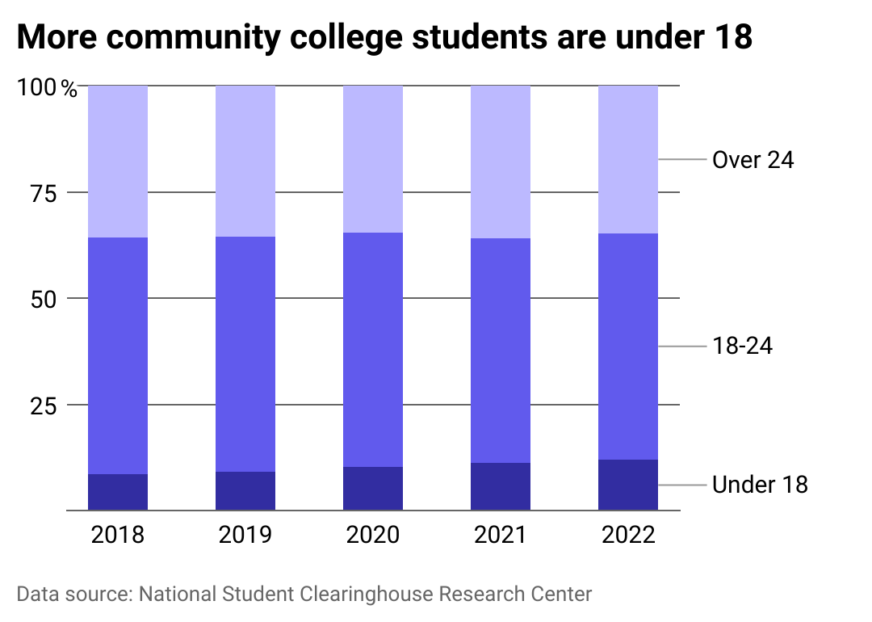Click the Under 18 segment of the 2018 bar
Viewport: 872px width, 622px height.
click(x=118, y=492)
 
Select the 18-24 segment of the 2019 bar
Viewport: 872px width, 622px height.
click(x=245, y=354)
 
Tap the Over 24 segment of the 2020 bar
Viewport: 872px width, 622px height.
click(x=373, y=159)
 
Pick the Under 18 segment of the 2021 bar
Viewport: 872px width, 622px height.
click(x=501, y=486)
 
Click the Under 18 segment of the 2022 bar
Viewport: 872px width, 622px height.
click(x=628, y=485)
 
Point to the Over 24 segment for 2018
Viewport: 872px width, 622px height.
click(x=118, y=162)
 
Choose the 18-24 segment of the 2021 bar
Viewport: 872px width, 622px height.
click(x=501, y=351)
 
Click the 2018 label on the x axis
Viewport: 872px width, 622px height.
click(x=118, y=535)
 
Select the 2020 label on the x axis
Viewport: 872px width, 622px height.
click(x=373, y=535)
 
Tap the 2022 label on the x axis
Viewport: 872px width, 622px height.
click(x=628, y=535)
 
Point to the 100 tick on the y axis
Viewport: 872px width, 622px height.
click(x=37, y=87)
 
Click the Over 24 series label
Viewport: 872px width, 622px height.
click(x=753, y=160)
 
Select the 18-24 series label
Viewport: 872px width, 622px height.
click(x=743, y=347)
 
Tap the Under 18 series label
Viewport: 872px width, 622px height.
click(x=760, y=485)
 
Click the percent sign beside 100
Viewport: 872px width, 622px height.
click(x=70, y=89)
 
